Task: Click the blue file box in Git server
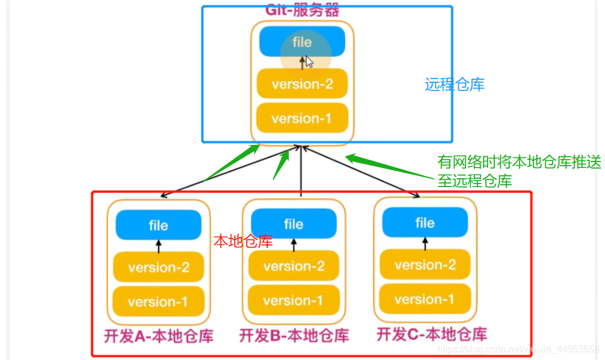(x=302, y=42)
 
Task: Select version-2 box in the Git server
(x=302, y=84)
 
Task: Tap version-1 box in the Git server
(x=302, y=119)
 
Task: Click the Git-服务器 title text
(x=302, y=10)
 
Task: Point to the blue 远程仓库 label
(x=455, y=85)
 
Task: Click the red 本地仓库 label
(x=243, y=241)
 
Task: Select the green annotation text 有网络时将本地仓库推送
(x=519, y=162)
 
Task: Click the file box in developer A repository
(x=159, y=225)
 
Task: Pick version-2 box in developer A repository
(x=159, y=267)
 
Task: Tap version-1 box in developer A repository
(x=159, y=301)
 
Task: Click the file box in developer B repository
(x=293, y=224)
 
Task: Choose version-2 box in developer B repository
(x=293, y=266)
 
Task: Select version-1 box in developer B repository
(x=293, y=300)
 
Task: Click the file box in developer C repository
(x=425, y=223)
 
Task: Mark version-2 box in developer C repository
(x=425, y=265)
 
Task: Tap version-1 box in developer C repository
(x=425, y=299)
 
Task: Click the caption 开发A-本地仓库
(x=159, y=336)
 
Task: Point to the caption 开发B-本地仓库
(x=294, y=336)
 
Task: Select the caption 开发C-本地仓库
(x=432, y=334)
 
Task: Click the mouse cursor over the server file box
(x=309, y=62)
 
